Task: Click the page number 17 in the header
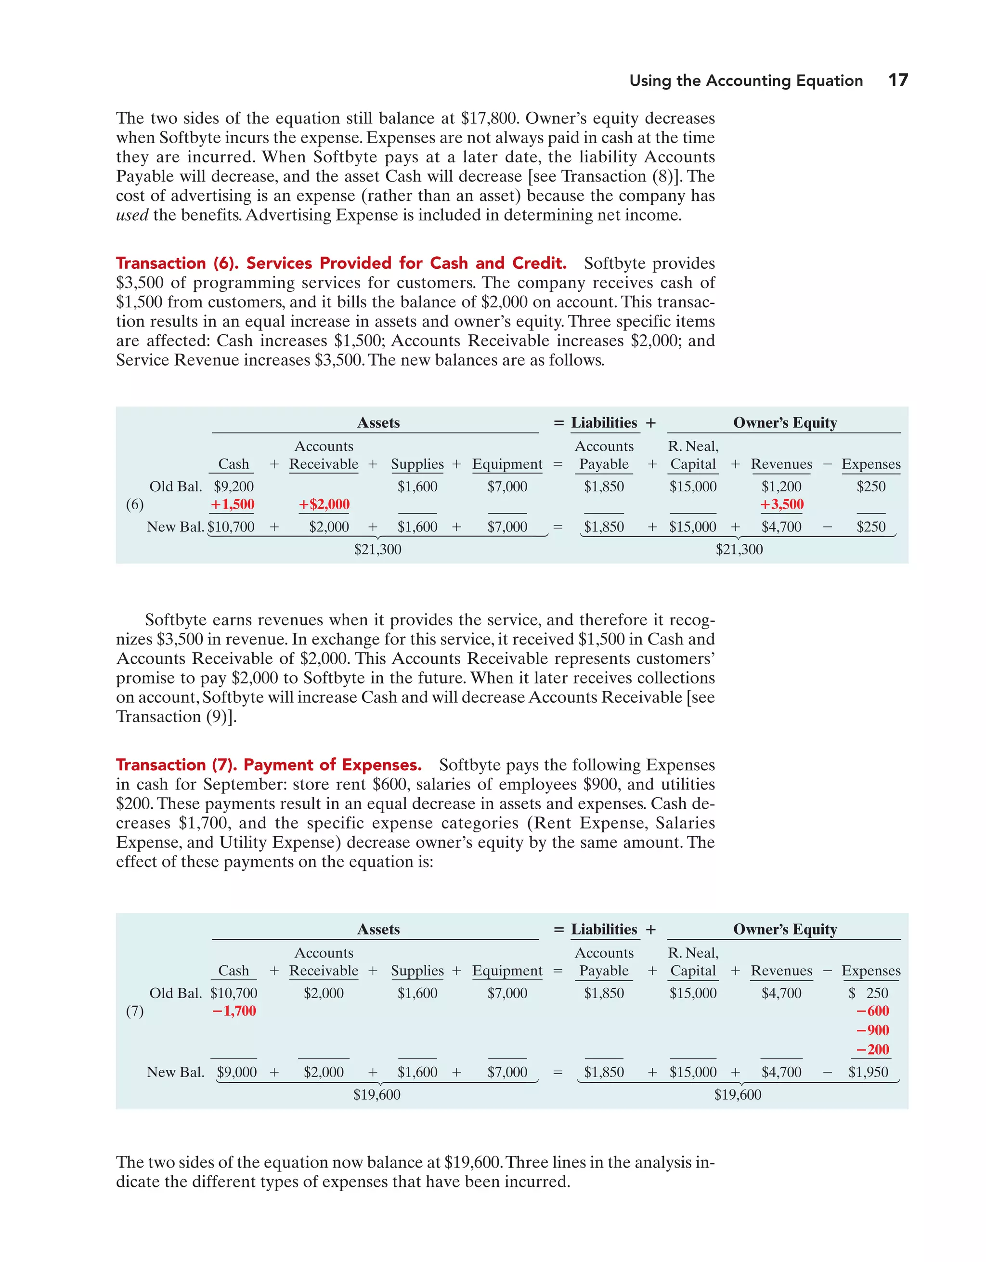coord(897,80)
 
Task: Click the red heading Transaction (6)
coord(341,263)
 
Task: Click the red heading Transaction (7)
coord(269,764)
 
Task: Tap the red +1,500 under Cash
coord(232,504)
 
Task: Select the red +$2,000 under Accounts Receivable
coord(324,504)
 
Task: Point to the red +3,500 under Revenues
coord(781,504)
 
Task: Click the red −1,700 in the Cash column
coord(234,1011)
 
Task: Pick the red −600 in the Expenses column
coord(872,1011)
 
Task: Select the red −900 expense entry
coord(872,1030)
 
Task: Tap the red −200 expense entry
coord(872,1050)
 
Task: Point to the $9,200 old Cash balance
coord(234,486)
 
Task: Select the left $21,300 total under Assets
coord(378,549)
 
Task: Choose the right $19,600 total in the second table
coord(738,1094)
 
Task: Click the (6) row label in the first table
coord(135,504)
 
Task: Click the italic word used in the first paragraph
coord(132,215)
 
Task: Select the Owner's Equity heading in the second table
coord(784,929)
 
